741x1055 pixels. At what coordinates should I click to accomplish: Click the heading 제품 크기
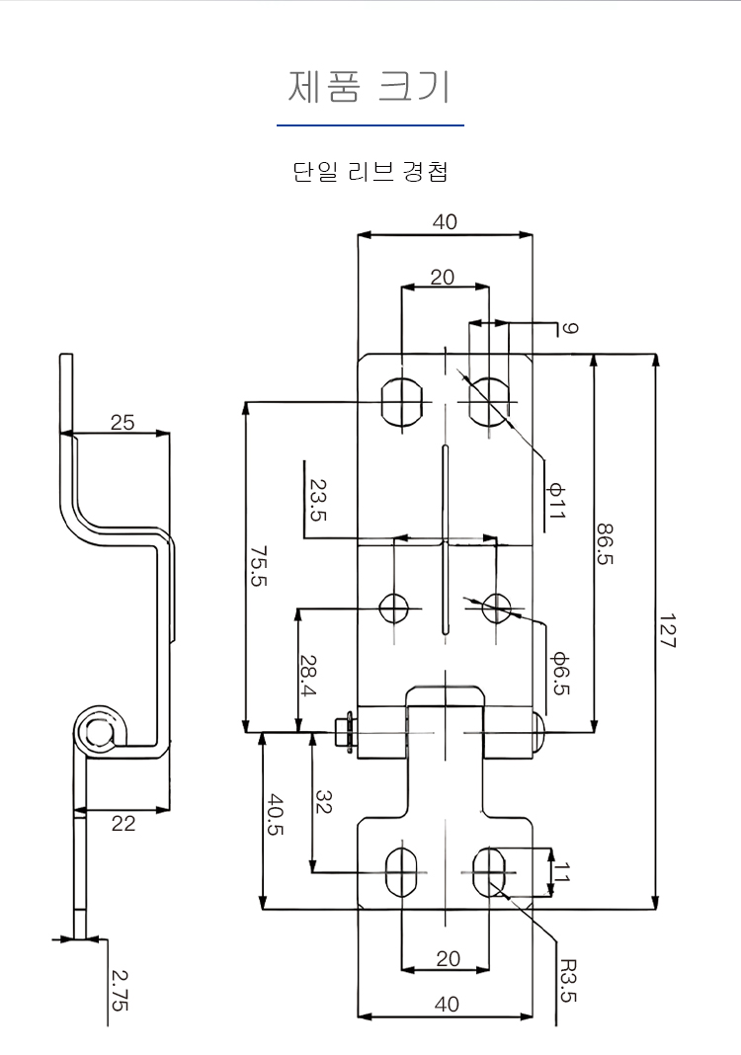[370, 87]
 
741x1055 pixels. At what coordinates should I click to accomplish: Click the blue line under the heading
[370, 125]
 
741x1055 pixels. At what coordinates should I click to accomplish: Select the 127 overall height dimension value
[667, 628]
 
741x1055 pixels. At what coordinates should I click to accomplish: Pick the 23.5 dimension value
[318, 501]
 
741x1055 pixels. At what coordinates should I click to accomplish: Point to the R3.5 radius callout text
[567, 980]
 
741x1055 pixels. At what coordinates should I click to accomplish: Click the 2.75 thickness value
[120, 990]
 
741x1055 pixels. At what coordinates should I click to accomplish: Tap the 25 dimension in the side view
[123, 423]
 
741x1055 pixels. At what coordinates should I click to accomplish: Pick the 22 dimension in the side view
[123, 823]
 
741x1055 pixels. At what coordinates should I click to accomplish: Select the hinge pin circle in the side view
[97, 732]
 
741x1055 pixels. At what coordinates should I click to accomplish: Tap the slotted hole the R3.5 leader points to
[489, 872]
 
